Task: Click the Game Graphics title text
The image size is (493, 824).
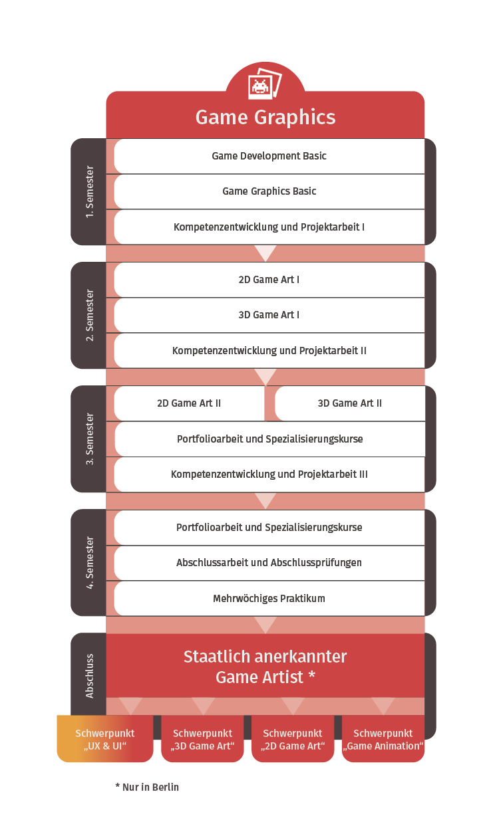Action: [x=265, y=118]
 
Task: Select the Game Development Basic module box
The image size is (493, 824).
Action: [x=269, y=156]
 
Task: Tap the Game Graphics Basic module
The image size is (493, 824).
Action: [x=269, y=191]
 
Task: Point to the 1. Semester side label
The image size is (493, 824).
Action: [x=89, y=191]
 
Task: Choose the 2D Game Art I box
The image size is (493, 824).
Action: [x=269, y=280]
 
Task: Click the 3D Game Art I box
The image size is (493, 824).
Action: [x=269, y=315]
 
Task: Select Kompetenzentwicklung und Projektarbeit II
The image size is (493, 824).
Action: [x=269, y=351]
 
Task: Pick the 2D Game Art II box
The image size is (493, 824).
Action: [x=189, y=403]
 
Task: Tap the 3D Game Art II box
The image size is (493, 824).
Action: [x=350, y=403]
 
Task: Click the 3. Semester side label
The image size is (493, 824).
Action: [x=89, y=439]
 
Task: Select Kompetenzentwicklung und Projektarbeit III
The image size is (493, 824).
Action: [x=269, y=474]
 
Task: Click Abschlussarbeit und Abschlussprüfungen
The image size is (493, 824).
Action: [x=269, y=563]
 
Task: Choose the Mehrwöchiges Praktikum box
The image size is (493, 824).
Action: [x=269, y=599]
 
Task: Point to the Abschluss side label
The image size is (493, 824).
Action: [x=89, y=676]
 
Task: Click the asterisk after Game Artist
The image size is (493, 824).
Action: [x=311, y=674]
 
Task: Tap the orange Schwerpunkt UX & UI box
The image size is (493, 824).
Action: [x=105, y=739]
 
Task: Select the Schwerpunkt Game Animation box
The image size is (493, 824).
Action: [x=383, y=739]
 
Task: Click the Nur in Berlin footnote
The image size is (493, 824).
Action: [x=147, y=787]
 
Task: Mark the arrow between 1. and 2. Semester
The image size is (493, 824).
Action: [x=265, y=253]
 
